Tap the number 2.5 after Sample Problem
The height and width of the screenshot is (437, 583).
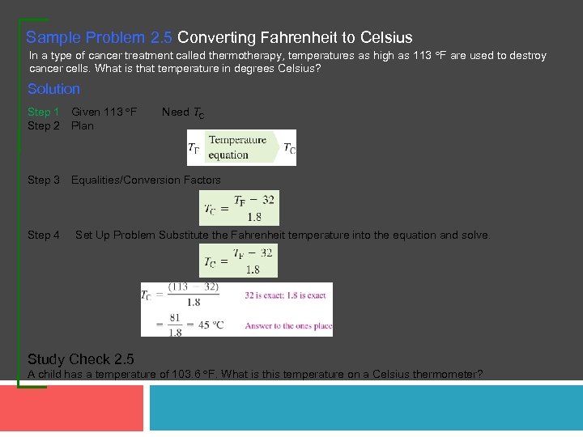[x=160, y=38]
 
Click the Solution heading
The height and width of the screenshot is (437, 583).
[x=53, y=89]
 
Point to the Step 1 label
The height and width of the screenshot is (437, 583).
[x=44, y=112]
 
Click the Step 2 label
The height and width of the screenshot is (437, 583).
[x=44, y=125]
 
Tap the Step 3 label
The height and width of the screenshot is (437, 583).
[x=44, y=180]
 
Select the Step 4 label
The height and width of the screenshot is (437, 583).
[x=44, y=235]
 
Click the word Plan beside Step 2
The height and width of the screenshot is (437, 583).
[x=83, y=125]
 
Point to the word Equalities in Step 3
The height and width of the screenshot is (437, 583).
[x=96, y=180]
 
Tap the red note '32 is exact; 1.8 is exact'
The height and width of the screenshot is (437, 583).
[x=285, y=295]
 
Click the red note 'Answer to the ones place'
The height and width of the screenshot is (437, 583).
[x=288, y=326]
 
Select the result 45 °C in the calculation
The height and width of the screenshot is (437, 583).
[x=214, y=325]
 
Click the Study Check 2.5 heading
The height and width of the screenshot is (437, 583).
[x=81, y=359]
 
